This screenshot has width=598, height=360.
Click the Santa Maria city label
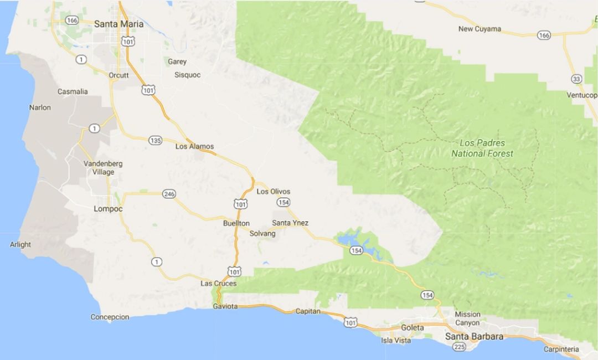[x=118, y=24]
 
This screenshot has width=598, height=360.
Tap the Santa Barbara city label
[x=476, y=337]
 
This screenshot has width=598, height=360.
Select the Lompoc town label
[x=108, y=209]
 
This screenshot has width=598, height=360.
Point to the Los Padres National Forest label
[x=482, y=148]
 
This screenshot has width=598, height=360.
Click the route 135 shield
[x=155, y=141]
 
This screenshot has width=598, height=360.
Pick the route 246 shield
[x=169, y=194]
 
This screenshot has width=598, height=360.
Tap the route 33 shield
[x=576, y=79]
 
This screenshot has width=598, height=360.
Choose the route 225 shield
[x=459, y=347]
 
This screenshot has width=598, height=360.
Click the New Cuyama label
[x=480, y=29]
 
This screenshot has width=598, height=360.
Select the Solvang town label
[x=262, y=234]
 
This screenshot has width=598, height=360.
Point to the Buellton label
[x=236, y=223]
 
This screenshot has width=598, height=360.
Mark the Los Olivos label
[x=274, y=192]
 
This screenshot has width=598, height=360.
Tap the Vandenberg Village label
[x=102, y=168]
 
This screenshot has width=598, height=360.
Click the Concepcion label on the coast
[x=110, y=317]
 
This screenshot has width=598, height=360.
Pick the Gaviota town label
[x=225, y=306]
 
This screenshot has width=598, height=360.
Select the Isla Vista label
[x=396, y=341]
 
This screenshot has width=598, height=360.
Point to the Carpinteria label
[x=561, y=349]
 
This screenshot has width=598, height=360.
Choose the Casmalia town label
[x=73, y=92]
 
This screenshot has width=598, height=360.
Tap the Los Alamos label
[x=194, y=147]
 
